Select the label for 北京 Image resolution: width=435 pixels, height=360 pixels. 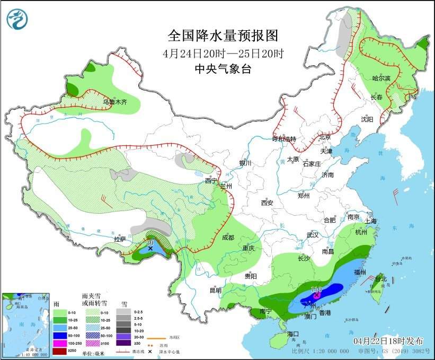325,137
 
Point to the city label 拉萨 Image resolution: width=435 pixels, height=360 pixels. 120,239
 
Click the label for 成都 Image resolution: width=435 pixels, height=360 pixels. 228,238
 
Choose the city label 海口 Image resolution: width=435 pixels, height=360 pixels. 294,334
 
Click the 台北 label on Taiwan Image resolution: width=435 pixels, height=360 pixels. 381,278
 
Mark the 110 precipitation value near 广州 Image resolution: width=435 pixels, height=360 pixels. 316,289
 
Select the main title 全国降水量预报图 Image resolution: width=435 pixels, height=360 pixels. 223,36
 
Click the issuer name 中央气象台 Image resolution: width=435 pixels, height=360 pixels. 223,68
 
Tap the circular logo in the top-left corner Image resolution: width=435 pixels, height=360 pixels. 17,19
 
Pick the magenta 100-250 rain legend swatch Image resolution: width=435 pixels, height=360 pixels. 59,343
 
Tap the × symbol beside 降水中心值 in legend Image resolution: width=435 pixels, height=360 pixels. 150,350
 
